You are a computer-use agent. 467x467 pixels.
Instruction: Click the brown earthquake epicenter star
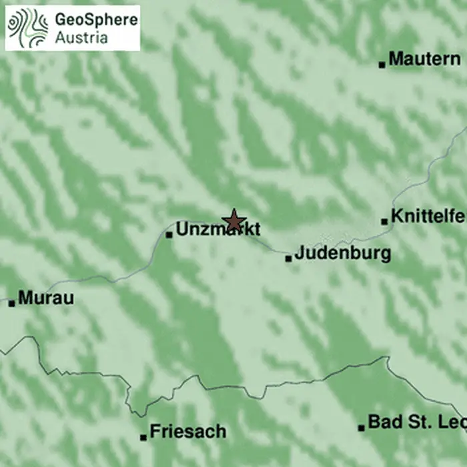click(x=233, y=220)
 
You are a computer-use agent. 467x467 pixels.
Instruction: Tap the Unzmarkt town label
click(x=218, y=230)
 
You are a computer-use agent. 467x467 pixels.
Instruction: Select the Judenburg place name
click(x=342, y=254)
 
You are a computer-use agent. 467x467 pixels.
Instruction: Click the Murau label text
click(x=46, y=298)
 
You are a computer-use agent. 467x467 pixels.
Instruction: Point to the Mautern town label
click(x=424, y=59)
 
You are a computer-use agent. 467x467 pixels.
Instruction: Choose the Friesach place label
click(x=188, y=432)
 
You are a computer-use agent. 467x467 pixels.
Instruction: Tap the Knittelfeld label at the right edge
click(x=428, y=217)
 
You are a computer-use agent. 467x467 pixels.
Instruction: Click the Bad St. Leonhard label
click(x=416, y=422)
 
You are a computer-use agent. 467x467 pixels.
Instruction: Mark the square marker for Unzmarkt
click(x=169, y=234)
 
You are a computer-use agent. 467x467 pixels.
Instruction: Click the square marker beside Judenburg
click(x=288, y=258)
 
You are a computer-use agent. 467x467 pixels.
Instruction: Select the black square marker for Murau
click(x=11, y=303)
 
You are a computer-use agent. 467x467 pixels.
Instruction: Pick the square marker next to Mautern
click(x=382, y=65)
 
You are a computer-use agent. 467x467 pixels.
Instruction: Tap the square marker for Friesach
click(x=143, y=438)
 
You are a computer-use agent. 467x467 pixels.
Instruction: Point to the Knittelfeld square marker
click(x=384, y=221)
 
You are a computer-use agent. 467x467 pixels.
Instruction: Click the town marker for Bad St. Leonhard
click(x=362, y=428)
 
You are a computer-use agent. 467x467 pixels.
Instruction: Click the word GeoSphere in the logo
click(x=97, y=20)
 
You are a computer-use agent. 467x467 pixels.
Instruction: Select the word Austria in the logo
click(x=81, y=37)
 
